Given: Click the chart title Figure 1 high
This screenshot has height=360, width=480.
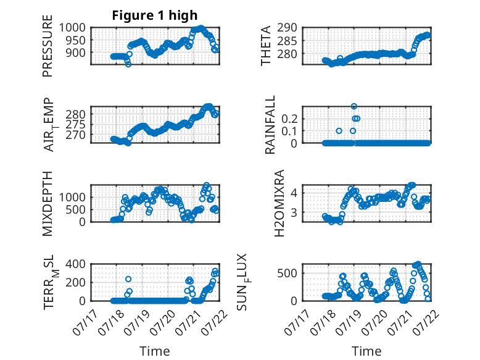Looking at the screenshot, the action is tap(155, 15).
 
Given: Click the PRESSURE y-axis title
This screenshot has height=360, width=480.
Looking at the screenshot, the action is tap(48, 46).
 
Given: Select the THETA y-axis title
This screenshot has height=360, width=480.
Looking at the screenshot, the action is tap(266, 46).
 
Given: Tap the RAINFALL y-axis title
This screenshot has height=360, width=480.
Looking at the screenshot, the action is tap(270, 125).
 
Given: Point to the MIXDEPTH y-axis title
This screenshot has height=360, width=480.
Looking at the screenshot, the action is tap(48, 204).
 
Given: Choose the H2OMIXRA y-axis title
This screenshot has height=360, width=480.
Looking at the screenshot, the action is tap(279, 203).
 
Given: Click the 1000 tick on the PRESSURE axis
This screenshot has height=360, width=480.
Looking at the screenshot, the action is tap(72, 28).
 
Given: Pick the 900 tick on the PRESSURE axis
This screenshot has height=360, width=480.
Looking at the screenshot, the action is tap(76, 52).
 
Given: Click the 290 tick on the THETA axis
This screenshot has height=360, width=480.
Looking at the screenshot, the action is tap(287, 28).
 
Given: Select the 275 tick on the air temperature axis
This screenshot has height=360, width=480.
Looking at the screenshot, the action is tap(76, 124).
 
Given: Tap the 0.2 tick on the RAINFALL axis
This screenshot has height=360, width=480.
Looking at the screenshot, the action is tap(289, 119).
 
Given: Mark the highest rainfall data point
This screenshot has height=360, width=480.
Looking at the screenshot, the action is tap(354, 106).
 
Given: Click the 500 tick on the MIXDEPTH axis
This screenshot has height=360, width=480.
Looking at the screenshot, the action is tap(76, 209).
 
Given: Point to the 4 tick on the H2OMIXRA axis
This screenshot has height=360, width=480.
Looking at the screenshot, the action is tap(294, 193).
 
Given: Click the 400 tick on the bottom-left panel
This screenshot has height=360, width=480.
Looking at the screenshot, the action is tap(76, 264).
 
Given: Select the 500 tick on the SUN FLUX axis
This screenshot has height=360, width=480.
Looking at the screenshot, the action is tap(287, 273).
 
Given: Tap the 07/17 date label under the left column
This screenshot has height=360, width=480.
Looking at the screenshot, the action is tap(85, 322).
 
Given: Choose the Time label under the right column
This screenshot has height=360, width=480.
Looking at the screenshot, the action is tap(366, 351).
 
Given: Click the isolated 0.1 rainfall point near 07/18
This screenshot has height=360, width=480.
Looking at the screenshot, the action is tap(339, 131).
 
